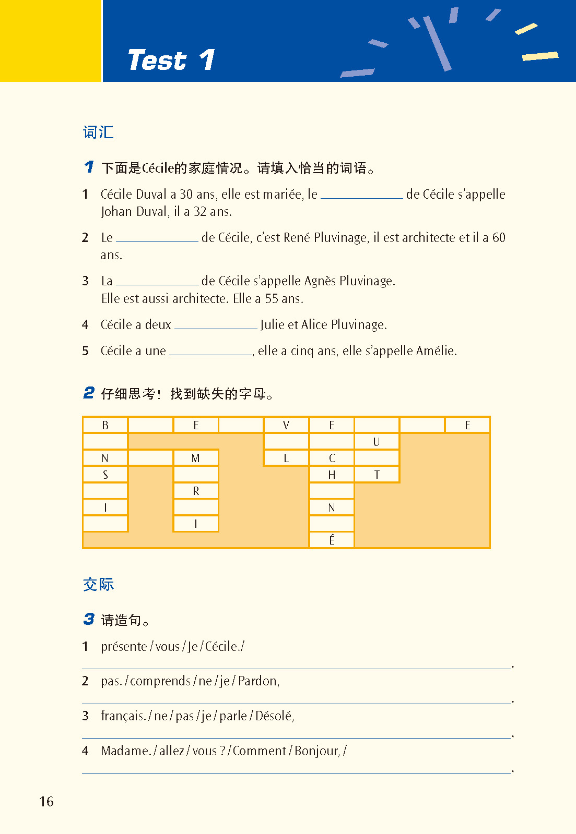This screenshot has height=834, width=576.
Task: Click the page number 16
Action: (46, 801)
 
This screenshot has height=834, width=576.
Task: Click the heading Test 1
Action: (171, 60)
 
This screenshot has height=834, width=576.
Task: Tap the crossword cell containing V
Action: (286, 425)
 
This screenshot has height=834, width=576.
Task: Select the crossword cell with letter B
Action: (105, 425)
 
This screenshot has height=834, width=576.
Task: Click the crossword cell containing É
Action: (332, 540)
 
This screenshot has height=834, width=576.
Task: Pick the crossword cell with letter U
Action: (377, 442)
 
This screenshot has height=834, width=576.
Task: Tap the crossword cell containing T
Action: (377, 475)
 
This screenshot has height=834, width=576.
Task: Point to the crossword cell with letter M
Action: (196, 458)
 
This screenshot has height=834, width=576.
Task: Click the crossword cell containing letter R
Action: (196, 491)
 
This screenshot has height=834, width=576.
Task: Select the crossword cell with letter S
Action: (105, 475)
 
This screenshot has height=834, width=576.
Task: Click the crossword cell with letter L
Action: (286, 458)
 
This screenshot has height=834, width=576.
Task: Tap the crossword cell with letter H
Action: (332, 475)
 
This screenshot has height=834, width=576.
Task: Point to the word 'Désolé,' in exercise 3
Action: (275, 716)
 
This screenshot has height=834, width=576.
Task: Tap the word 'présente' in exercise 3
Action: (124, 647)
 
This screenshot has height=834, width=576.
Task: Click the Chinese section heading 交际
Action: (98, 584)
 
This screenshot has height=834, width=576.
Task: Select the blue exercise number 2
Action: (89, 393)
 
